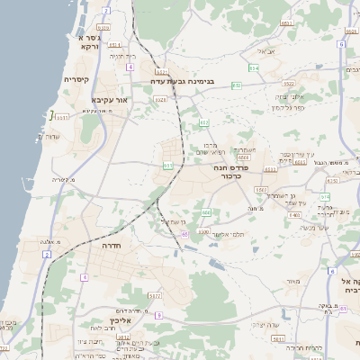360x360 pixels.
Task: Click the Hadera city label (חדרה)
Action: point(118,245)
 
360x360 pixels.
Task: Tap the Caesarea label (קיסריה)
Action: point(76,79)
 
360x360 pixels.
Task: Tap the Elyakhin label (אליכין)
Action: point(121,320)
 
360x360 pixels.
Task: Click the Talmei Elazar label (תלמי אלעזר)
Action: point(227,234)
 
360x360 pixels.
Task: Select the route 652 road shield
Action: point(237,85)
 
